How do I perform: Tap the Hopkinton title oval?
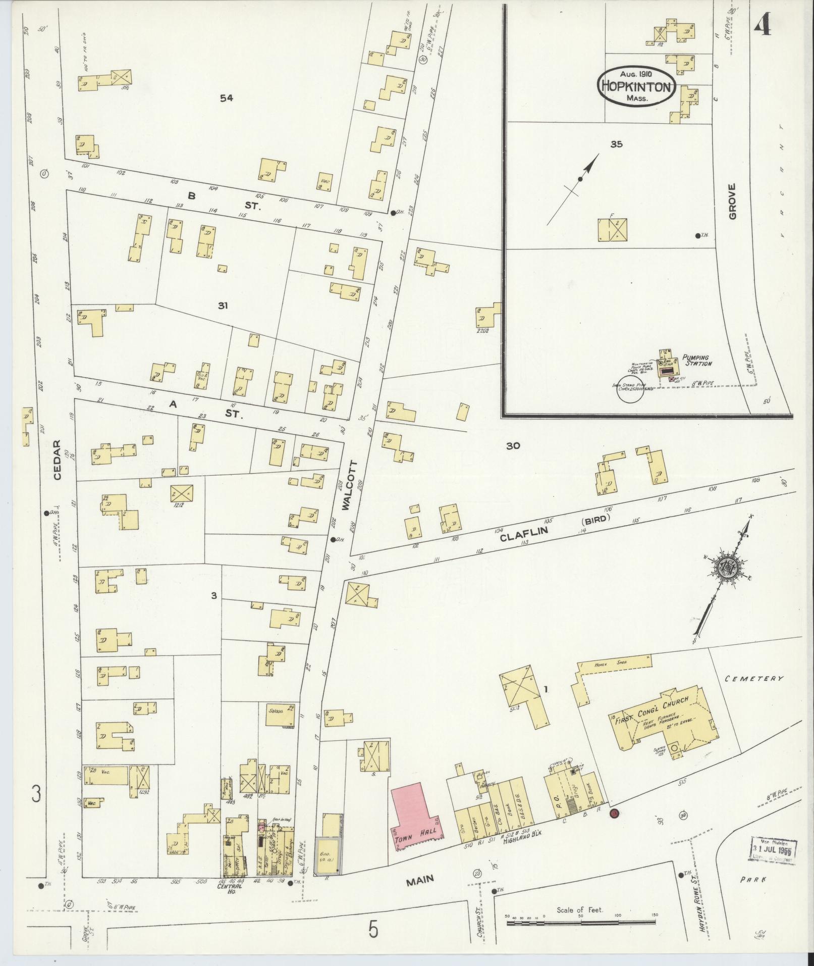(636, 87)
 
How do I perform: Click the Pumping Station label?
(697, 360)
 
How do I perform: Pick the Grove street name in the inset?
(732, 201)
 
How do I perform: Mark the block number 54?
(227, 98)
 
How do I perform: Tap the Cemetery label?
(754, 679)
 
